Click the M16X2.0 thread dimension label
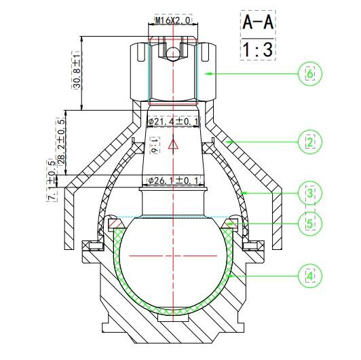pyautogui.click(x=173, y=20)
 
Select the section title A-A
pyautogui.click(x=258, y=22)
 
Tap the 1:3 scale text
pyautogui.click(x=258, y=50)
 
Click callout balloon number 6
pyautogui.click(x=310, y=74)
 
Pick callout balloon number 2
pyautogui.click(x=310, y=142)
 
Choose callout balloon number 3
pyautogui.click(x=310, y=193)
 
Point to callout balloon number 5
pyautogui.click(x=310, y=223)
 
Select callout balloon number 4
pyautogui.click(x=310, y=276)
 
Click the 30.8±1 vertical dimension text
pyautogui.click(x=77, y=70)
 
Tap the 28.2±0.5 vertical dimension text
pyautogui.click(x=61, y=142)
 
